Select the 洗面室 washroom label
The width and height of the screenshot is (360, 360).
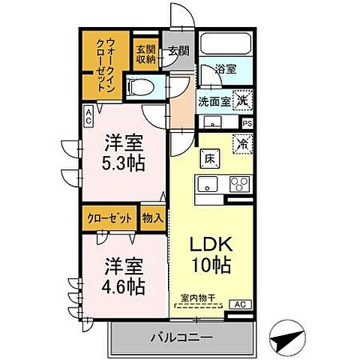click(x=216, y=100)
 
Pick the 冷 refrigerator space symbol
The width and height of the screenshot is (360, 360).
click(x=243, y=142)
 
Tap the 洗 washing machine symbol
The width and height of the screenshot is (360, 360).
click(x=243, y=99)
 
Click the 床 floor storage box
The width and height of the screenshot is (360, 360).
click(x=208, y=158)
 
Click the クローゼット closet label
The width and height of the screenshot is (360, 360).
click(x=110, y=218)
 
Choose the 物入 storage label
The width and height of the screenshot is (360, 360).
click(x=153, y=218)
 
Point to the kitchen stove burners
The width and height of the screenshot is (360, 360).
click(x=239, y=184)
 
